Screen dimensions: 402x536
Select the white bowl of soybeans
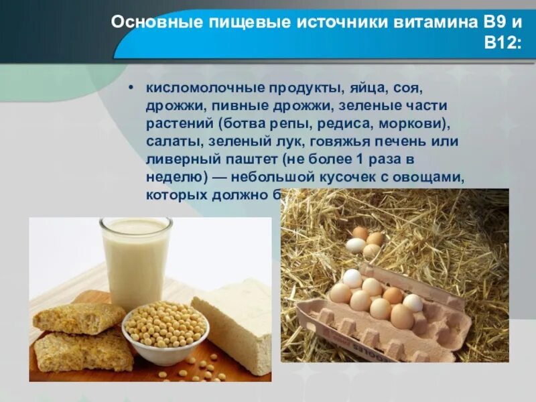(165, 332)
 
